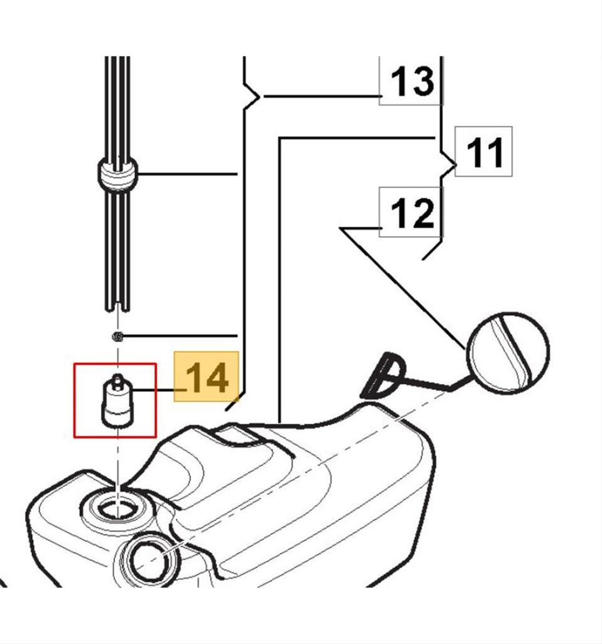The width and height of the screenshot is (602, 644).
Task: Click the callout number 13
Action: click(412, 81)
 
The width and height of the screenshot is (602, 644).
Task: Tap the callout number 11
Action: click(485, 152)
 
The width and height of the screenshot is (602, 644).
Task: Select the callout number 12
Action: click(412, 213)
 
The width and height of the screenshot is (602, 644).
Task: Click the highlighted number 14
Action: click(206, 377)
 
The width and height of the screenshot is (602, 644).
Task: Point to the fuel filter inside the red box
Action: click(118, 402)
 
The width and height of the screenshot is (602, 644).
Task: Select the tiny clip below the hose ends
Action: click(118, 337)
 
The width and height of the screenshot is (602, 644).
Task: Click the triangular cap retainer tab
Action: click(382, 375)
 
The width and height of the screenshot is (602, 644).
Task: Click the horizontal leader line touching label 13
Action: click(321, 96)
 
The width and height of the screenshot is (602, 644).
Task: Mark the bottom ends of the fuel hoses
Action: click(118, 306)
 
